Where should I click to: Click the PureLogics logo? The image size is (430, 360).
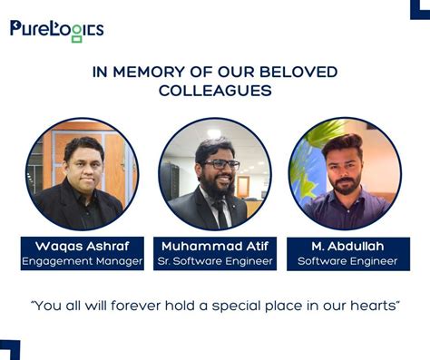click(x=56, y=30)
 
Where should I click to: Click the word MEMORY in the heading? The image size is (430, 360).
click(x=148, y=73)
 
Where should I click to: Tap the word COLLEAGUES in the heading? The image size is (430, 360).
click(x=215, y=91)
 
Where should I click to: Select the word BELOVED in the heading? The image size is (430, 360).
click(x=298, y=73)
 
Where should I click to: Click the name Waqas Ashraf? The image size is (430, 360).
click(x=83, y=246)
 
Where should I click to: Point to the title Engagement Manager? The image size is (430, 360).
click(x=83, y=261)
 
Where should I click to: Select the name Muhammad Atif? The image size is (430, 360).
click(x=216, y=246)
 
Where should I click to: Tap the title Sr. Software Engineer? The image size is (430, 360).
click(x=216, y=261)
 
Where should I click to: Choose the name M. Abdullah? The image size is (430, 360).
click(x=347, y=246)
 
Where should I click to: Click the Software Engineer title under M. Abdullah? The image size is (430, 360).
click(x=347, y=261)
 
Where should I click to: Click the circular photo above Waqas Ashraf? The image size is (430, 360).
click(x=82, y=173)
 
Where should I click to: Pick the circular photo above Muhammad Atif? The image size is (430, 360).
click(x=215, y=173)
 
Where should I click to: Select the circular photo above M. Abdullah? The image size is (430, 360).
click(x=345, y=173)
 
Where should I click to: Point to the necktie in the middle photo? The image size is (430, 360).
click(x=219, y=214)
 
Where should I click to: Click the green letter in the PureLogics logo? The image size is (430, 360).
click(x=76, y=34)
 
